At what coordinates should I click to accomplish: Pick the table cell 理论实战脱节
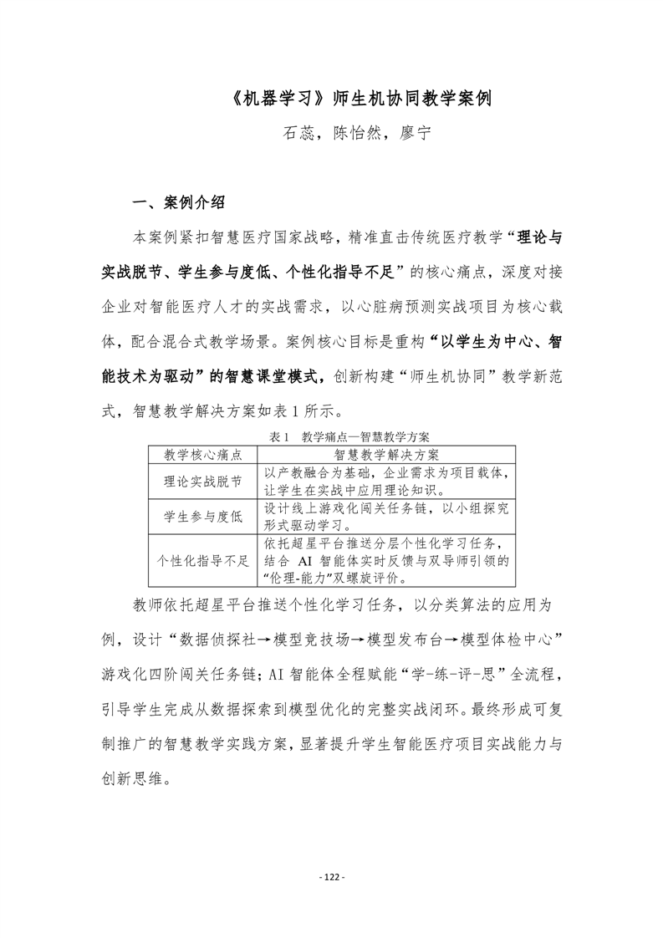click(x=202, y=482)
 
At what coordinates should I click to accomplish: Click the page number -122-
click(x=332, y=877)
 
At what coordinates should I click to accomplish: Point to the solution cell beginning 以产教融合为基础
click(x=386, y=482)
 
